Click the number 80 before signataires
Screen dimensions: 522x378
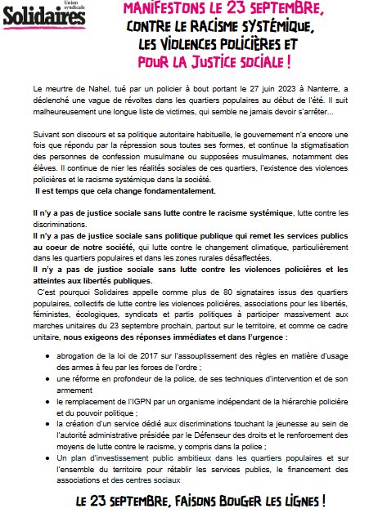pyautogui.click(x=170, y=290)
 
